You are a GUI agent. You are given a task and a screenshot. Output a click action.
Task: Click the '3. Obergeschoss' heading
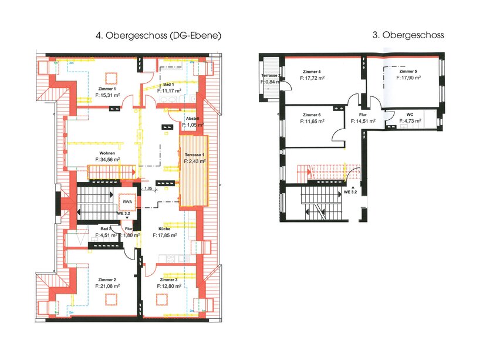(408, 35)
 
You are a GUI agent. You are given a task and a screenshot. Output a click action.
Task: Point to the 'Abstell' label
(193, 119)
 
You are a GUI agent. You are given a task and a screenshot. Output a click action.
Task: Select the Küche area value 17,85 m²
(170, 235)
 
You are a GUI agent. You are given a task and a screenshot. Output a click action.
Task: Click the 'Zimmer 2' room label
(107, 280)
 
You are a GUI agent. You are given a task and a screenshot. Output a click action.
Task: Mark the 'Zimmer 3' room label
(170, 280)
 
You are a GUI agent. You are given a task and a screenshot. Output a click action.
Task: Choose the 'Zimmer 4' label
(311, 71)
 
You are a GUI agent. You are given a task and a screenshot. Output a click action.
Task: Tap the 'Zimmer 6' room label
(312, 115)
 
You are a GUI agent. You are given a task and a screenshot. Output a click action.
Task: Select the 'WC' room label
(410, 115)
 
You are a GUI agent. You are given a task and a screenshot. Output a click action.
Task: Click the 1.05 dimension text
(148, 189)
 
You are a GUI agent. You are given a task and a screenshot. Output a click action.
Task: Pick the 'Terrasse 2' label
(271, 76)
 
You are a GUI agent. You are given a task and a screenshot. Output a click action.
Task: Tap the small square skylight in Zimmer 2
(110, 300)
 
